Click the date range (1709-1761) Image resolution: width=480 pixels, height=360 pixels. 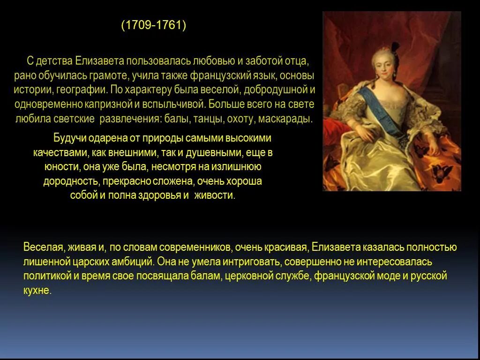click(x=154, y=25)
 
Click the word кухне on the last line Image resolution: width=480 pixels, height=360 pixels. click(x=36, y=290)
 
